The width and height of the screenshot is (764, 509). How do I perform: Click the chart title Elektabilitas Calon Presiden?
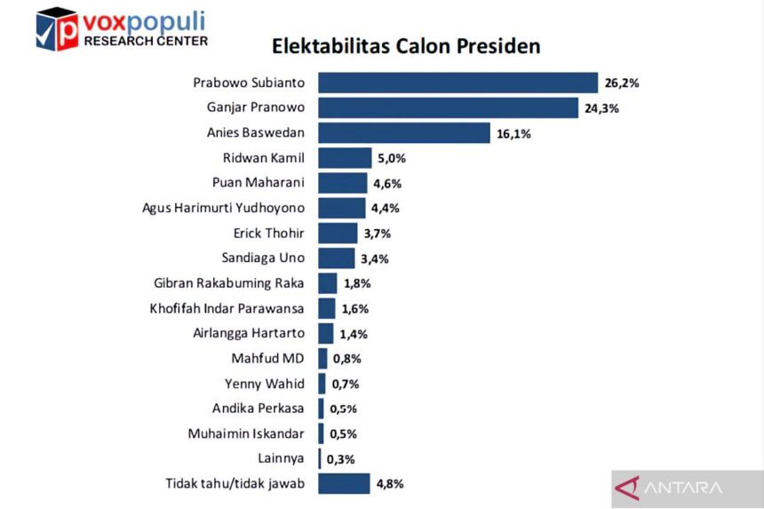[406, 46]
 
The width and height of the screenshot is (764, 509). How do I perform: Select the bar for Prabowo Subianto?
[458, 83]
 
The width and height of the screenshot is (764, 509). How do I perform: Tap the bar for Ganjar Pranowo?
[449, 107]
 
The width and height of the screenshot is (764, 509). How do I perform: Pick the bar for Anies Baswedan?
[404, 133]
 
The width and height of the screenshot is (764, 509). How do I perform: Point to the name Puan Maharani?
[259, 183]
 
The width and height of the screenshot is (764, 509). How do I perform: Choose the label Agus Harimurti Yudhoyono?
[223, 209]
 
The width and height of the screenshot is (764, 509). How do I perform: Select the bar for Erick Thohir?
[338, 234]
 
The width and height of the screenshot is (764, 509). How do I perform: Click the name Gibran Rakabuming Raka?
[229, 283]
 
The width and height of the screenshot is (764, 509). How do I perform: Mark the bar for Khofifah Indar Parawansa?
[327, 308]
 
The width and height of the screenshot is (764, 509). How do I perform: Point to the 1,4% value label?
[354, 334]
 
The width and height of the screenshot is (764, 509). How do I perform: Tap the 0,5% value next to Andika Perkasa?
[343, 410]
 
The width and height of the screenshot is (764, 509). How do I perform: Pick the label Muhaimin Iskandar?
[246, 434]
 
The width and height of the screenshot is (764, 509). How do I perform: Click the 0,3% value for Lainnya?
[340, 459]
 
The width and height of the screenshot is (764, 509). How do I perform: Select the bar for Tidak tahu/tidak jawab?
[344, 484]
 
